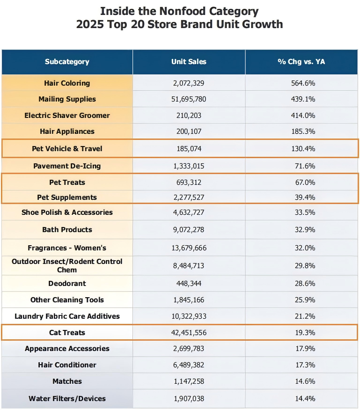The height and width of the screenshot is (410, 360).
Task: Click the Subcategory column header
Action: click(67, 62)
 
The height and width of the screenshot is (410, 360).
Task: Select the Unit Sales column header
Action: click(189, 62)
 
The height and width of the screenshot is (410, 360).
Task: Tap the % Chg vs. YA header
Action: click(301, 62)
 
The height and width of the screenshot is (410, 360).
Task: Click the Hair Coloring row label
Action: click(67, 83)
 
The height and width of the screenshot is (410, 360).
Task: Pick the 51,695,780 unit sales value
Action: click(189, 99)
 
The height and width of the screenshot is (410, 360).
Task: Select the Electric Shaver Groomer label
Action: click(67, 116)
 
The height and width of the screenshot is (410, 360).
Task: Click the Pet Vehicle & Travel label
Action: click(67, 149)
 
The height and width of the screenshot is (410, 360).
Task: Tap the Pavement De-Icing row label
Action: click(67, 166)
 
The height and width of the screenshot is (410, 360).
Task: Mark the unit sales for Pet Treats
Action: click(189, 182)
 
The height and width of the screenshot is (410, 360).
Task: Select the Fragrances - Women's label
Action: click(67, 248)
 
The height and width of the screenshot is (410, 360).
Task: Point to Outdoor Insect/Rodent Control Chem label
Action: click(67, 265)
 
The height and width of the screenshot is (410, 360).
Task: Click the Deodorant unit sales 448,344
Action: click(189, 284)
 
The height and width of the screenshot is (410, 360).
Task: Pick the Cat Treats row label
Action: click(67, 333)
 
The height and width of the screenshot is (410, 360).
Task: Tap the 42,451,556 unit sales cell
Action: click(189, 333)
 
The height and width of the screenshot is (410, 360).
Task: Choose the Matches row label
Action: click(67, 381)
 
